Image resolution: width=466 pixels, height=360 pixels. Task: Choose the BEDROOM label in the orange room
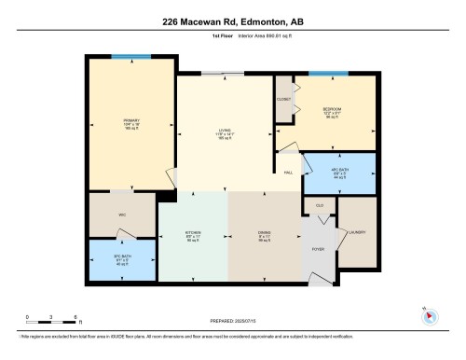(x=332, y=109)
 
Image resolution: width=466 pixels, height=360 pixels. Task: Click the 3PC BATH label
(x=122, y=258)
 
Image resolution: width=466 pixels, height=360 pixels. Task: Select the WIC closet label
(x=122, y=215)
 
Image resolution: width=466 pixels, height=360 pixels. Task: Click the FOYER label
(x=318, y=250)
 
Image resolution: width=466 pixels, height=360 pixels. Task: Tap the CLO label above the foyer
(x=319, y=205)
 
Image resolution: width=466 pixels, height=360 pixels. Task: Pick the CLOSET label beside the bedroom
(x=283, y=99)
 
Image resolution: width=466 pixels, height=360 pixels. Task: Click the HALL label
(x=289, y=173)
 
